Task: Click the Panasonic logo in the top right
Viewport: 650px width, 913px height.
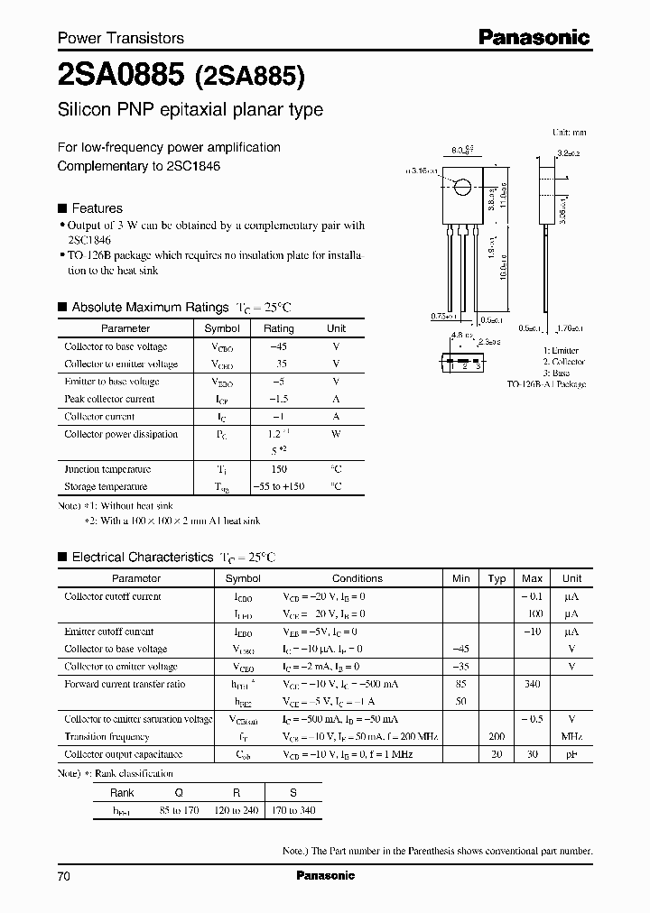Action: point(534,37)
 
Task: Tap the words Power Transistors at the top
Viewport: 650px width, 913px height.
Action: point(121,38)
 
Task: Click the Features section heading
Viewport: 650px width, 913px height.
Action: point(97,207)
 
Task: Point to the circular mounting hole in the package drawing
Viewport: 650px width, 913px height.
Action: point(461,188)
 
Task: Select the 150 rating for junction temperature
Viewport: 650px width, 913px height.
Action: point(278,469)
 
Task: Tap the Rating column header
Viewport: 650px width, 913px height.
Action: point(278,328)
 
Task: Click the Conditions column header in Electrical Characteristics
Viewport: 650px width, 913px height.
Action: point(357,578)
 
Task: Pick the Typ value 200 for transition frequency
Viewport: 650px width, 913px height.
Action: point(497,737)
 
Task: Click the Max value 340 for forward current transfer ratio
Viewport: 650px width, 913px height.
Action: point(532,685)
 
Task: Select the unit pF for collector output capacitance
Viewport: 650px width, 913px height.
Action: point(571,754)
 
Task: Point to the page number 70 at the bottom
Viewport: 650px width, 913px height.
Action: point(64,877)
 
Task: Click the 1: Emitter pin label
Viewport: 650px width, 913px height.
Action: point(562,350)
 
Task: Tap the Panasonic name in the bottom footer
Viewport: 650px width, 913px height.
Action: point(325,876)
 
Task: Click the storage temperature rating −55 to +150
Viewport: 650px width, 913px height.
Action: point(278,487)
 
